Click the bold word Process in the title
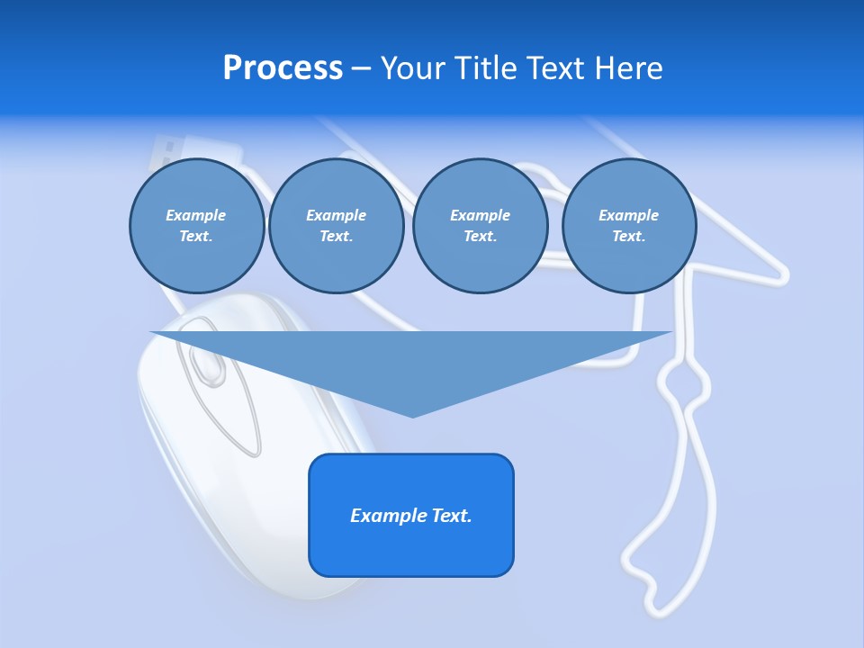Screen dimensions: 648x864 pyautogui.click(x=283, y=68)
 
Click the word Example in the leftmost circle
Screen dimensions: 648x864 pyautogui.click(x=195, y=215)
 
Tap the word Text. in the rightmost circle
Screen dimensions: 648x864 pyautogui.click(x=629, y=237)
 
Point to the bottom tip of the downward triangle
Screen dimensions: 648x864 pyautogui.click(x=412, y=416)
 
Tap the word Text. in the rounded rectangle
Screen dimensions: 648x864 pyautogui.click(x=453, y=516)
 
